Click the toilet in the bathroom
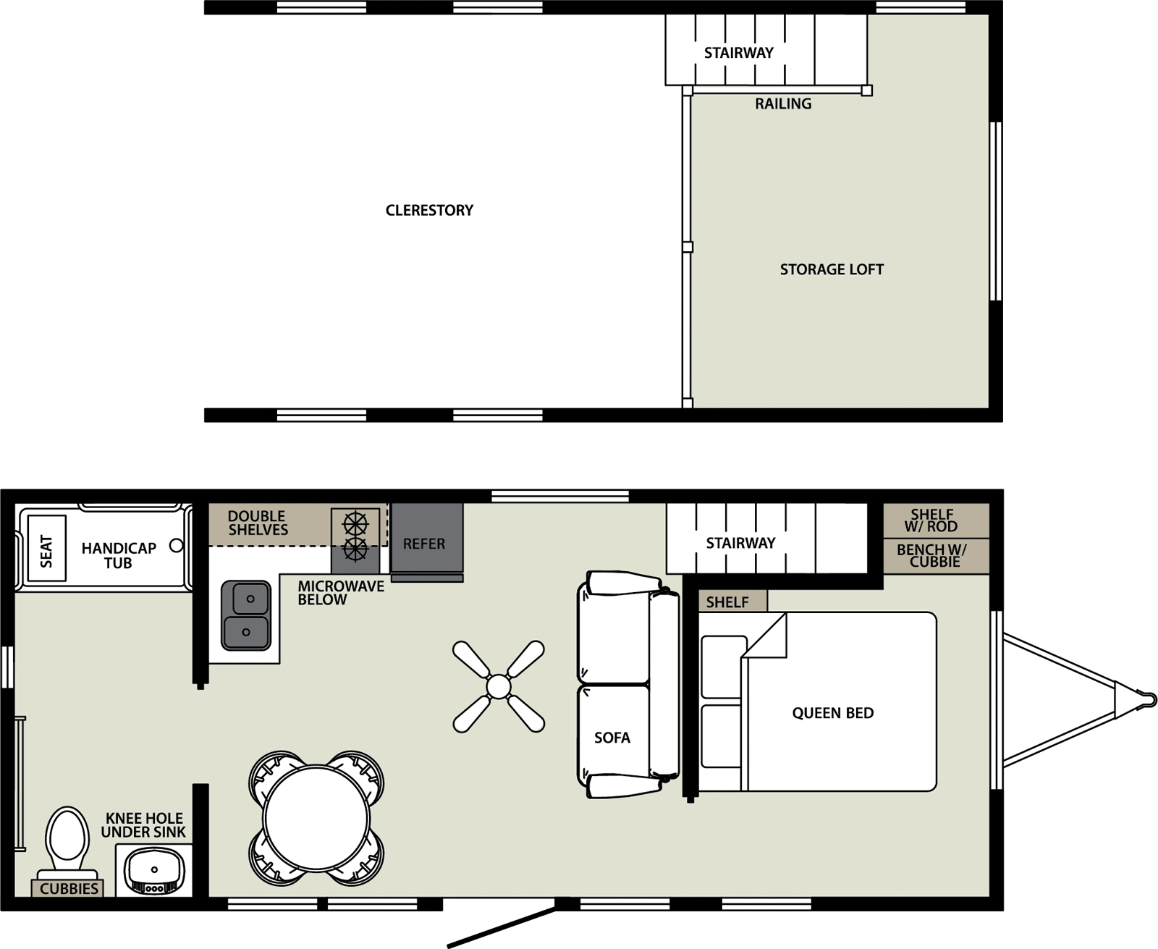point(67,840)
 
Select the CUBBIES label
point(69,888)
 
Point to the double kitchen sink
point(246,615)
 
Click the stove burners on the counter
point(355,536)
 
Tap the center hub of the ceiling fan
point(499,686)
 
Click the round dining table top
point(317,818)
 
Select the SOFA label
point(612,738)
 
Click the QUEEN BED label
point(832,713)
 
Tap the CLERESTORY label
point(429,210)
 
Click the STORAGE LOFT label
point(832,269)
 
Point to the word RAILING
point(783,104)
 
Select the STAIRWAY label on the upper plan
point(739,52)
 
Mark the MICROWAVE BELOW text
point(340,593)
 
